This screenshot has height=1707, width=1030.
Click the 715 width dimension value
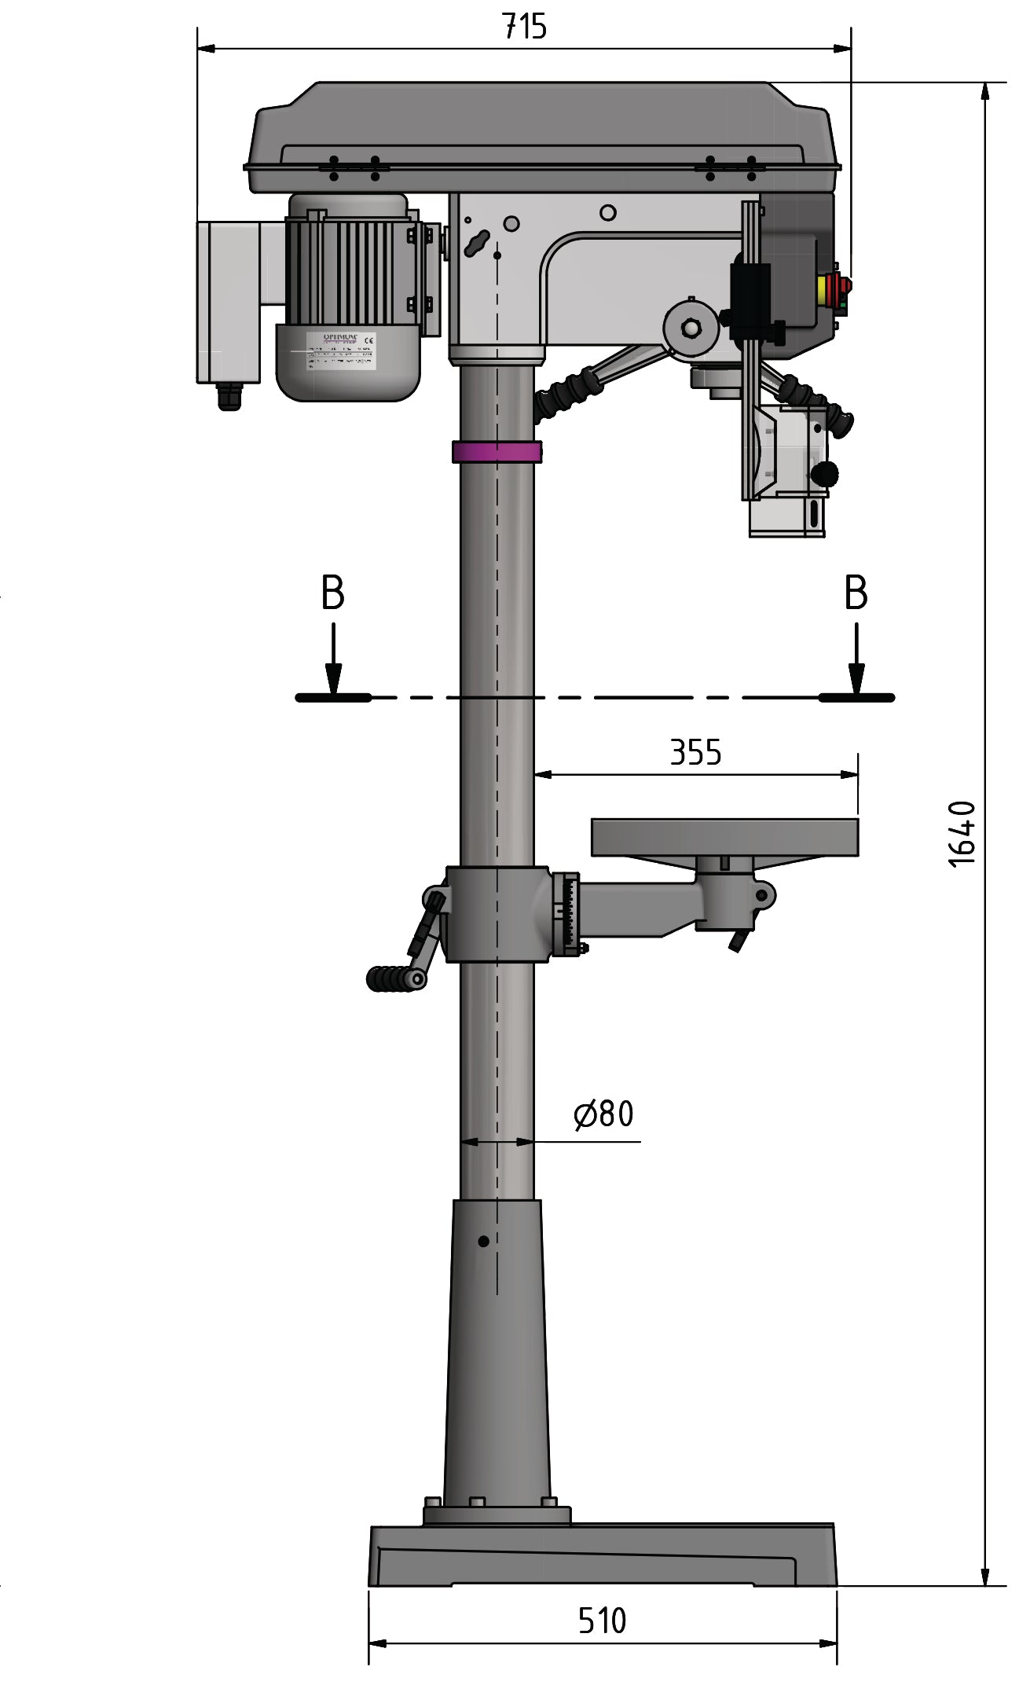click(524, 27)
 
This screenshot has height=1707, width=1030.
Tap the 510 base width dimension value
click(602, 1621)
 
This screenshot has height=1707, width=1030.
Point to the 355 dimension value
click(695, 752)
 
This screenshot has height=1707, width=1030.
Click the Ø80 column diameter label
click(604, 1114)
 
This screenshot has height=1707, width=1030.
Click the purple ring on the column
click(497, 452)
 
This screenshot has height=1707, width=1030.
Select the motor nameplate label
click(341, 351)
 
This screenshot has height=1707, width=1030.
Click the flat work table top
click(724, 836)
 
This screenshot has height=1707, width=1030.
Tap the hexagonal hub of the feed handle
click(691, 328)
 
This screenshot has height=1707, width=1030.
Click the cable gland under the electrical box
click(229, 397)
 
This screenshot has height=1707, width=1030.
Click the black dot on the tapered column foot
click(483, 1241)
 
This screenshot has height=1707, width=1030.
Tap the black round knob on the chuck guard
click(825, 474)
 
